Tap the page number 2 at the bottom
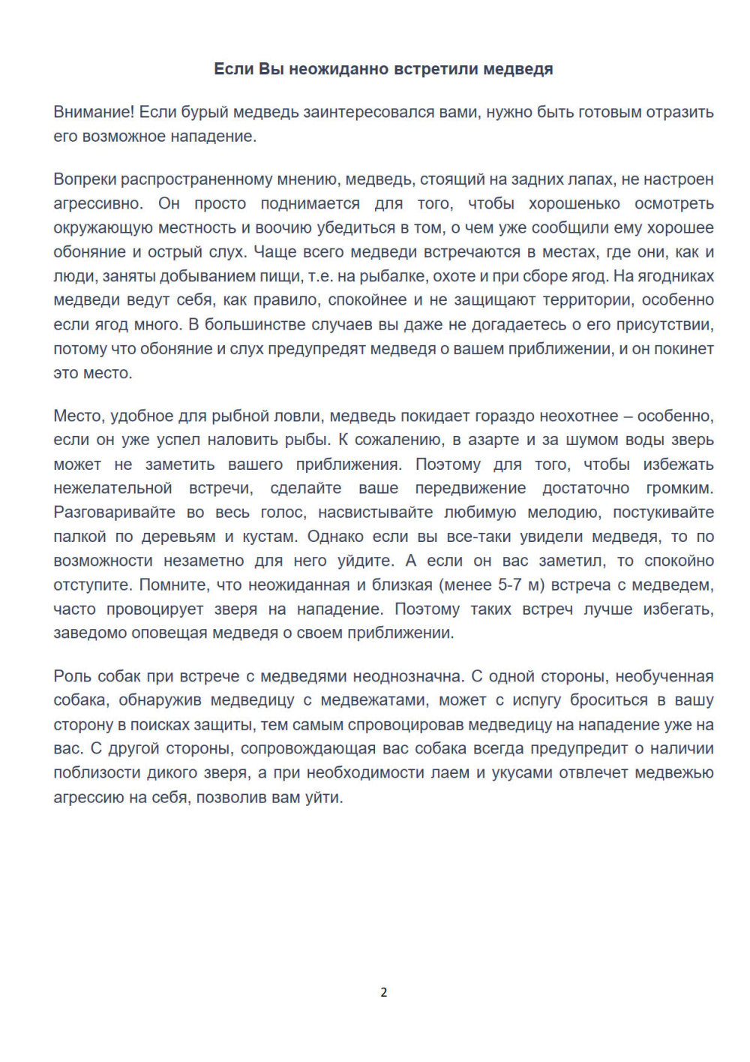384,992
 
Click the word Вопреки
84,179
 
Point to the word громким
679,489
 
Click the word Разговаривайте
115,513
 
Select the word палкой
79,537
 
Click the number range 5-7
514,585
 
